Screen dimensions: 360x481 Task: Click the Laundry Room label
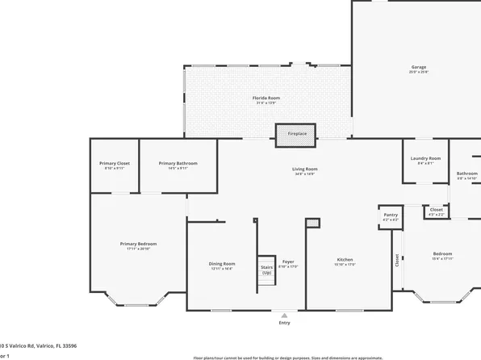click(425, 160)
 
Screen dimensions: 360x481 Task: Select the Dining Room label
click(222, 266)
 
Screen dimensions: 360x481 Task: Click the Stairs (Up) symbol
click(266, 270)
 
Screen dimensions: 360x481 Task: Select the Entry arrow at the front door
click(283, 315)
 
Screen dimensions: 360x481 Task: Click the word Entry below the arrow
click(283, 324)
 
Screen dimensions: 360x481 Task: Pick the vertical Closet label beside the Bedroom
click(397, 260)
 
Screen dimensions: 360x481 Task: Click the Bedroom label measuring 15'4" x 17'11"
click(442, 256)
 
